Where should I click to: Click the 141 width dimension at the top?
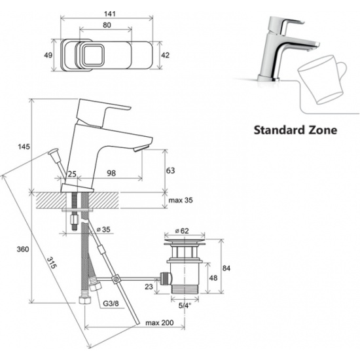(109, 14)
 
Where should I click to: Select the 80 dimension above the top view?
(107, 25)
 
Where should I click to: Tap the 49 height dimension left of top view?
(48, 56)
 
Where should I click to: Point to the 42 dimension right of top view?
(166, 56)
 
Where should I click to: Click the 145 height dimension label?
(24, 147)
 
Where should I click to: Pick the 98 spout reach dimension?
(111, 173)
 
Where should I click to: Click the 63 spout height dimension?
(170, 171)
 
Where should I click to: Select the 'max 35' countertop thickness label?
(181, 200)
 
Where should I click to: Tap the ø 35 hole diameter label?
(103, 229)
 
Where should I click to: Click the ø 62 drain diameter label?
(182, 230)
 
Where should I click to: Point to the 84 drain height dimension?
(226, 268)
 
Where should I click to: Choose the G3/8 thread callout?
(111, 304)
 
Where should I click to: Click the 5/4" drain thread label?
(185, 306)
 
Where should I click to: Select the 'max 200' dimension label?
(160, 323)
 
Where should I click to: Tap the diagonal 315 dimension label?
(52, 262)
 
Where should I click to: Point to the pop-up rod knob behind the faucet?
(53, 153)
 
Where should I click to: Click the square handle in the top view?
(92, 56)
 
